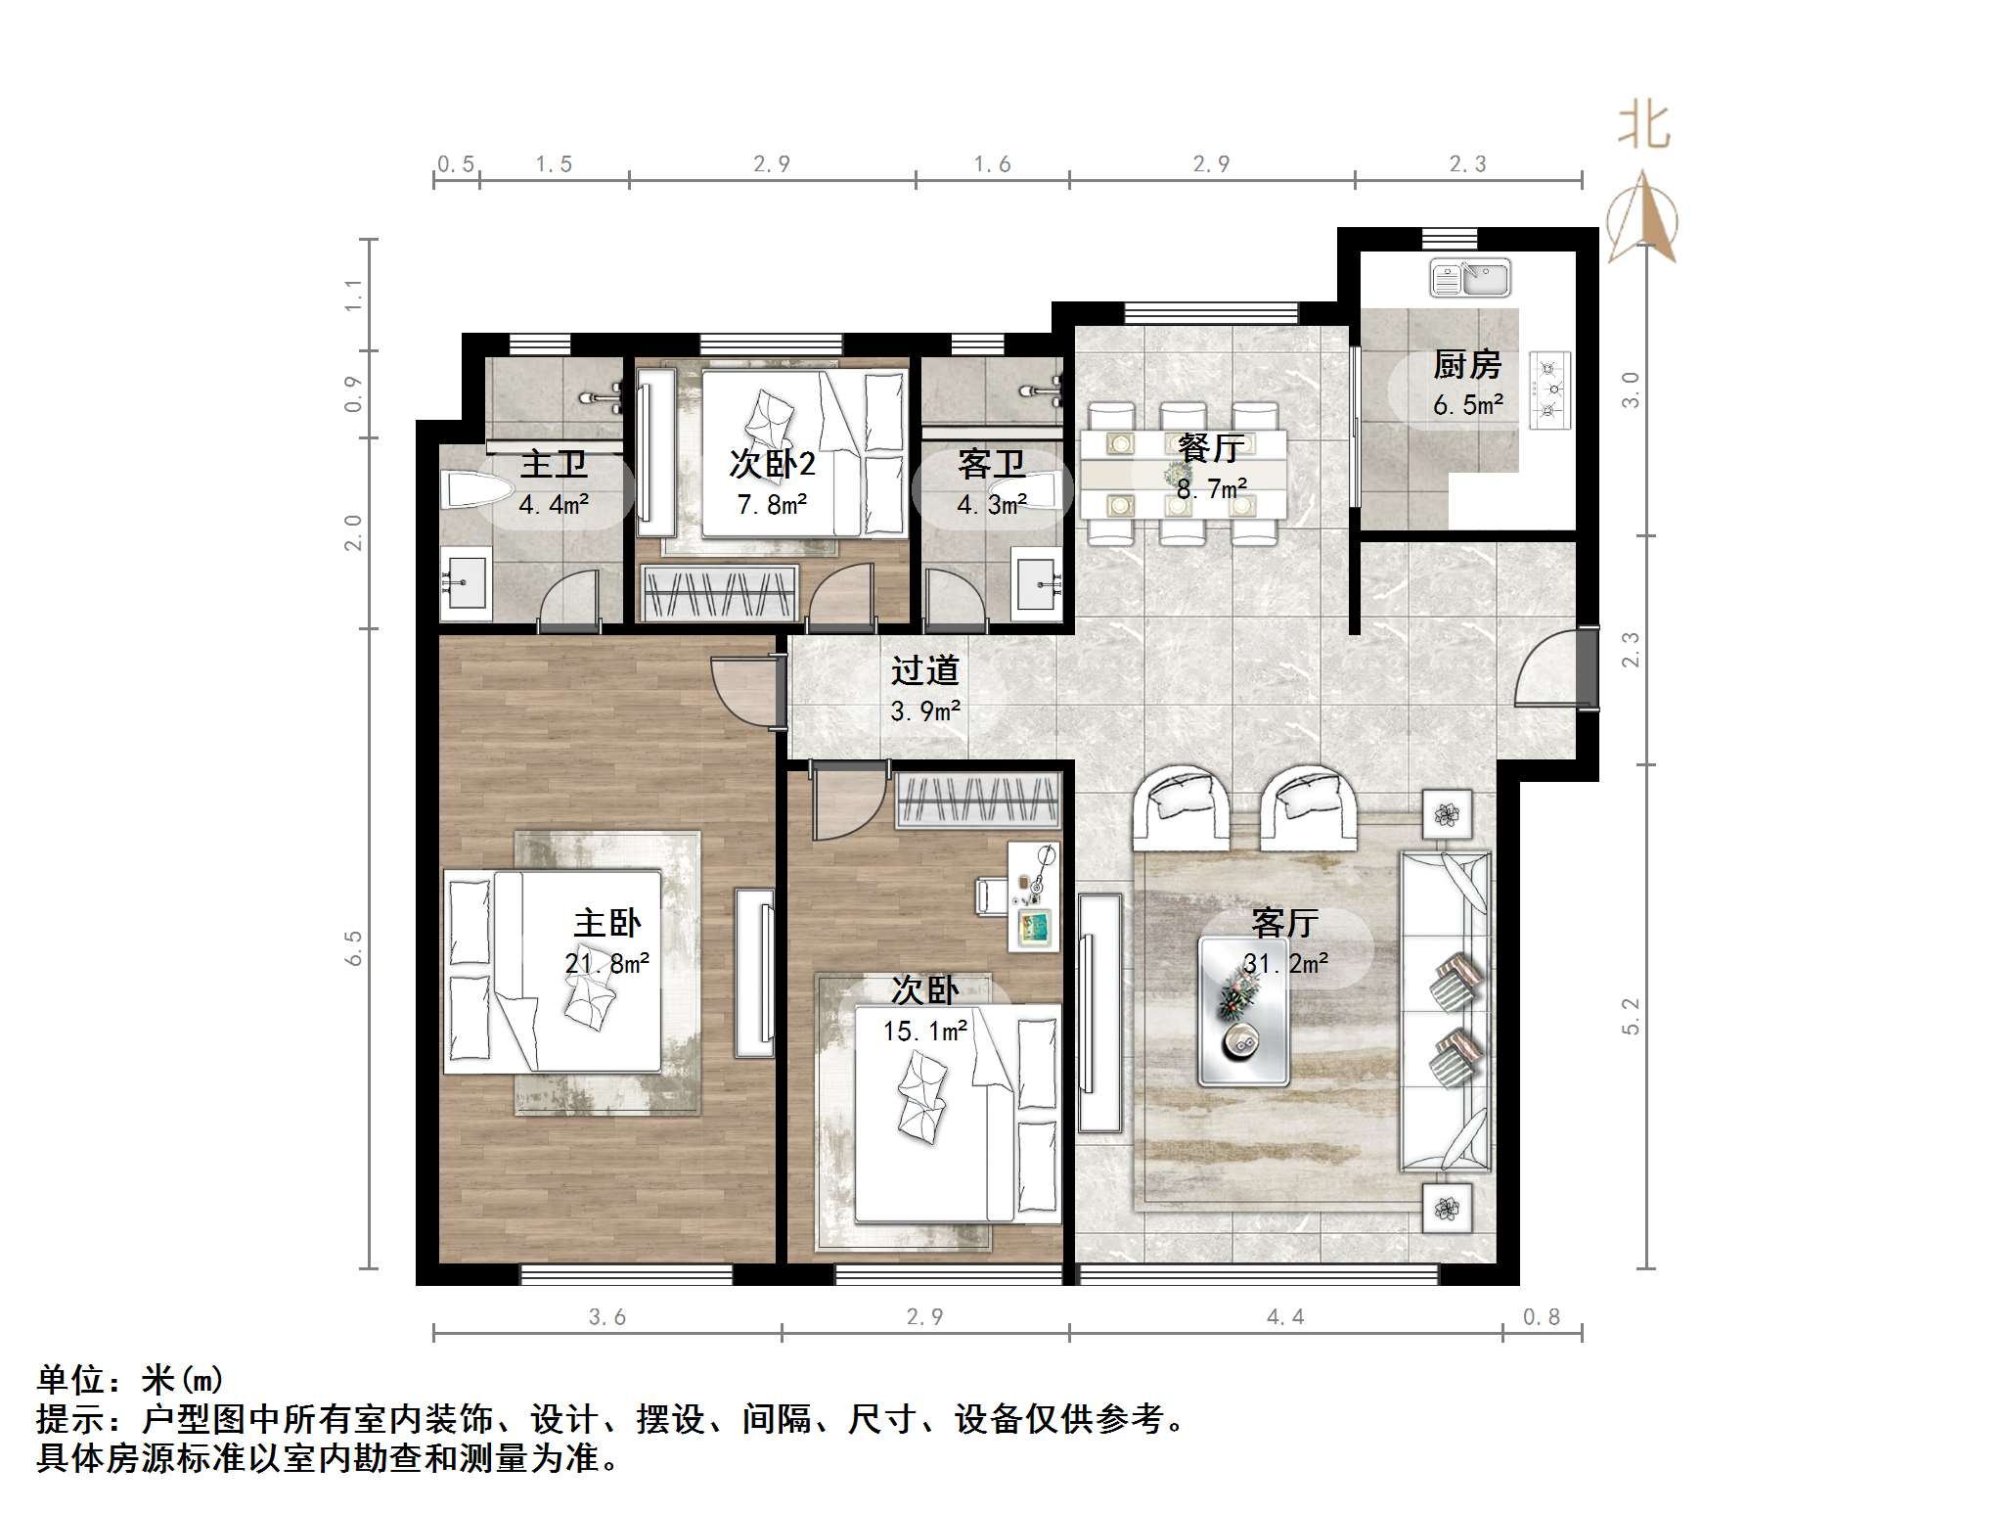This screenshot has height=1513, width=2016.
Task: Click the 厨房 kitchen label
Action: (1466, 365)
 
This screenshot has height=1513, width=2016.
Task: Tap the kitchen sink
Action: (1470, 278)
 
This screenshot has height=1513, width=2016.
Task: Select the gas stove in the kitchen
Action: (1550, 390)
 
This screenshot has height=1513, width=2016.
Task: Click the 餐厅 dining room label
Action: (1211, 448)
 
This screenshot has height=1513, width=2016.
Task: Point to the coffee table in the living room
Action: (1243, 1011)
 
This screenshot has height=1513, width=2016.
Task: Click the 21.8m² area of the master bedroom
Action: (606, 964)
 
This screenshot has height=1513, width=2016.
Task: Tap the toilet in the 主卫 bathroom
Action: (476, 490)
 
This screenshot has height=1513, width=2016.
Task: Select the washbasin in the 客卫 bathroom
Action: (1037, 583)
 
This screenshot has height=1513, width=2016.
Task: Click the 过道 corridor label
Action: (924, 670)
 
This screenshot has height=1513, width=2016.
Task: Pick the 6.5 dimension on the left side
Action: (353, 947)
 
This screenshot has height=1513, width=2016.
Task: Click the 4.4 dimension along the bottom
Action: (1285, 1317)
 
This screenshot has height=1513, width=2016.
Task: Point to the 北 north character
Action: (1643, 127)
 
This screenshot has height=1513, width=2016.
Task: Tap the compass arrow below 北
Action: (1643, 217)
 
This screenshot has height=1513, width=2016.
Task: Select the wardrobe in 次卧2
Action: (719, 592)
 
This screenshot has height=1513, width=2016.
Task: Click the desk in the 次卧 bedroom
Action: (1035, 897)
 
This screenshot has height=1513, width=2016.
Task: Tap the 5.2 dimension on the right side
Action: (1630, 1016)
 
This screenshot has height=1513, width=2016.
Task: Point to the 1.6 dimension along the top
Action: (992, 164)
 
